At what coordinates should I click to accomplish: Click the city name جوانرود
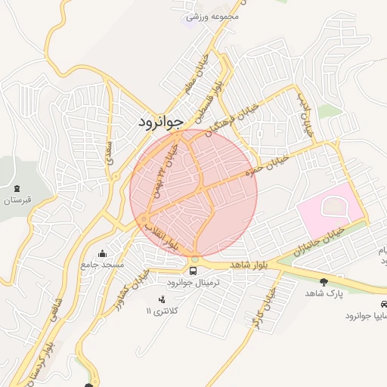[x=161, y=122]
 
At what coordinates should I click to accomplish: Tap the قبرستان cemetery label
[x=17, y=200]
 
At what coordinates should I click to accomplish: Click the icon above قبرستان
[x=17, y=187]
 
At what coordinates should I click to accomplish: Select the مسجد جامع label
[x=102, y=265]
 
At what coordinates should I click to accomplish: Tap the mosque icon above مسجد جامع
[x=102, y=253]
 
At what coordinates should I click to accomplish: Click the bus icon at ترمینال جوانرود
[x=194, y=270]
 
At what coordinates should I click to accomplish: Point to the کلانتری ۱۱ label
[x=159, y=311]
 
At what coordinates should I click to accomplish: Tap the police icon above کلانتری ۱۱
[x=160, y=299]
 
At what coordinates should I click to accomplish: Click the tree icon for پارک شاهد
[x=324, y=281]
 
